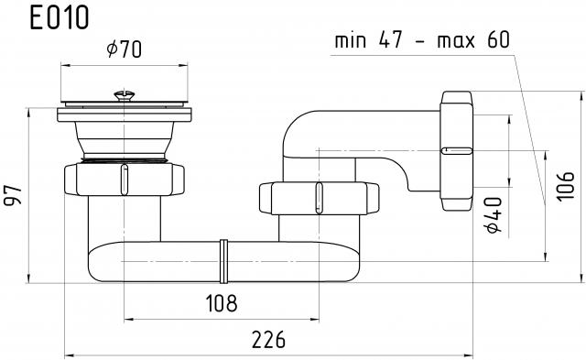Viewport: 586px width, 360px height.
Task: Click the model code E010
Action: pos(59,17)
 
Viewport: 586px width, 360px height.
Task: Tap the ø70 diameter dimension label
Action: pos(125,49)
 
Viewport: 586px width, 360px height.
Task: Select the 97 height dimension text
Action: pos(14,195)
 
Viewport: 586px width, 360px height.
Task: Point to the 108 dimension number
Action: pos(222,303)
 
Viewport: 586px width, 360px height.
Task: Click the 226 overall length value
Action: pos(268,340)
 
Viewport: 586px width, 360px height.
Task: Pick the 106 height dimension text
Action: pos(565,186)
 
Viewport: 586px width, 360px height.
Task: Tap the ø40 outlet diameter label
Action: pos(494,215)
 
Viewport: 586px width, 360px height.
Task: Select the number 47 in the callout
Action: pos(391,39)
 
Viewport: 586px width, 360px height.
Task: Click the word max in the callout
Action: pos(456,40)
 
